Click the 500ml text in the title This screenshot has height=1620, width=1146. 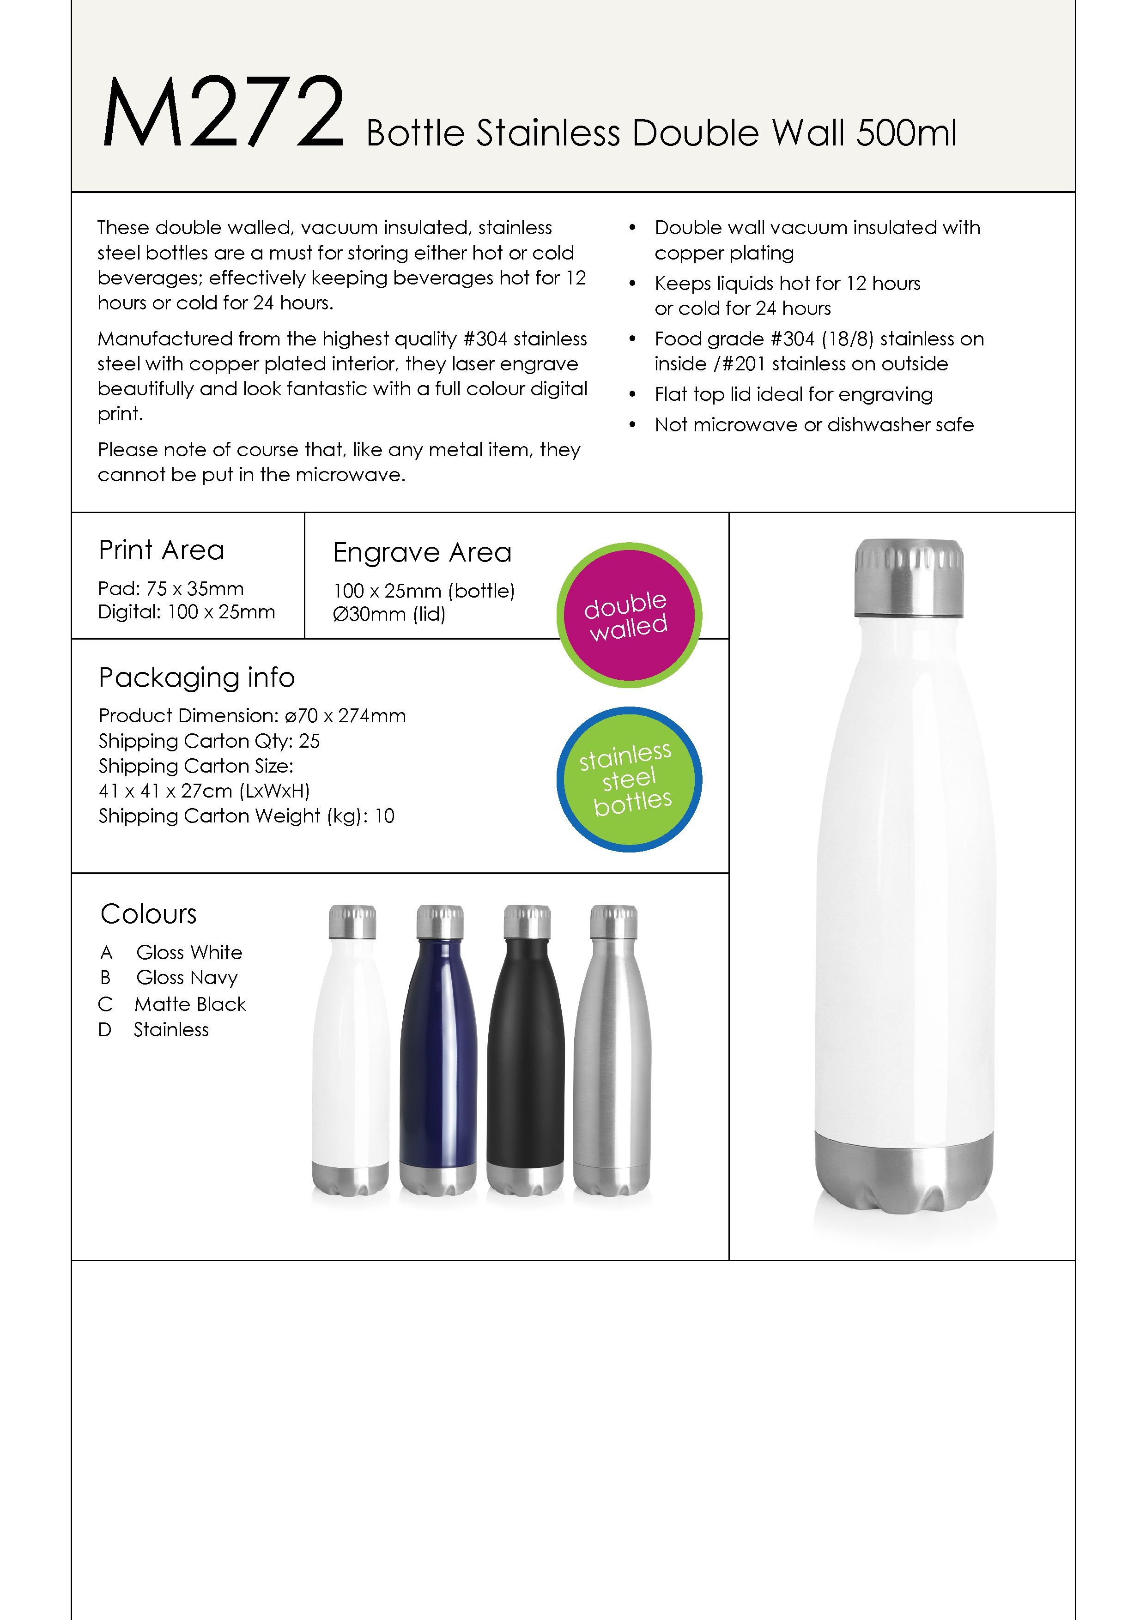(906, 133)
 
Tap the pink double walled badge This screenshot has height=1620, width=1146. (629, 615)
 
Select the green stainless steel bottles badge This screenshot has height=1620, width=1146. (629, 779)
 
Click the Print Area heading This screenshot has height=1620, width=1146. (162, 550)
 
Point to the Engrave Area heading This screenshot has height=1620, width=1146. (422, 552)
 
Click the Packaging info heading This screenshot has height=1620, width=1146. (196, 677)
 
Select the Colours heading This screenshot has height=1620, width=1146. (148, 914)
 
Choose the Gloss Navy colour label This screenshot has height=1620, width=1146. (187, 978)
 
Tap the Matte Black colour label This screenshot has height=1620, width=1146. (190, 1004)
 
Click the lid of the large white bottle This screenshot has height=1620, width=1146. (909, 578)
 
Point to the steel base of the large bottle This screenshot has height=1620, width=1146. (905, 1175)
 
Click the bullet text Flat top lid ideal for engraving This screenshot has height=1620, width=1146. (793, 394)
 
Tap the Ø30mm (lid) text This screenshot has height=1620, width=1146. (389, 614)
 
